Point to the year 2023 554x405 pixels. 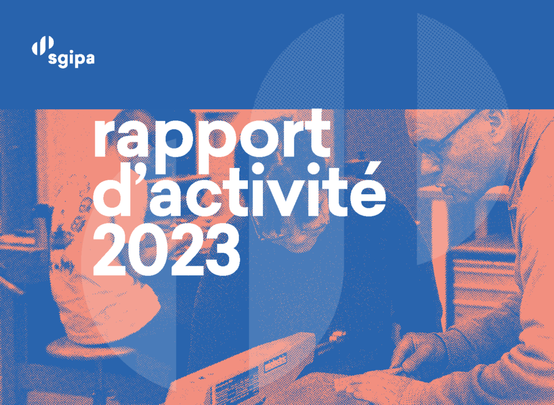[167, 251]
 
